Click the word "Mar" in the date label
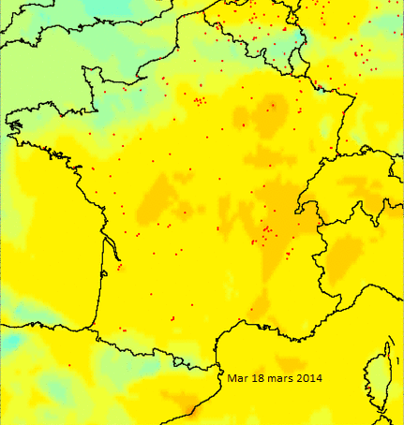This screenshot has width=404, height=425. [x=238, y=378]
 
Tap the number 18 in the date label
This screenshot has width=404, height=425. [x=258, y=378]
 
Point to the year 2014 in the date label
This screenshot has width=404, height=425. [x=308, y=378]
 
